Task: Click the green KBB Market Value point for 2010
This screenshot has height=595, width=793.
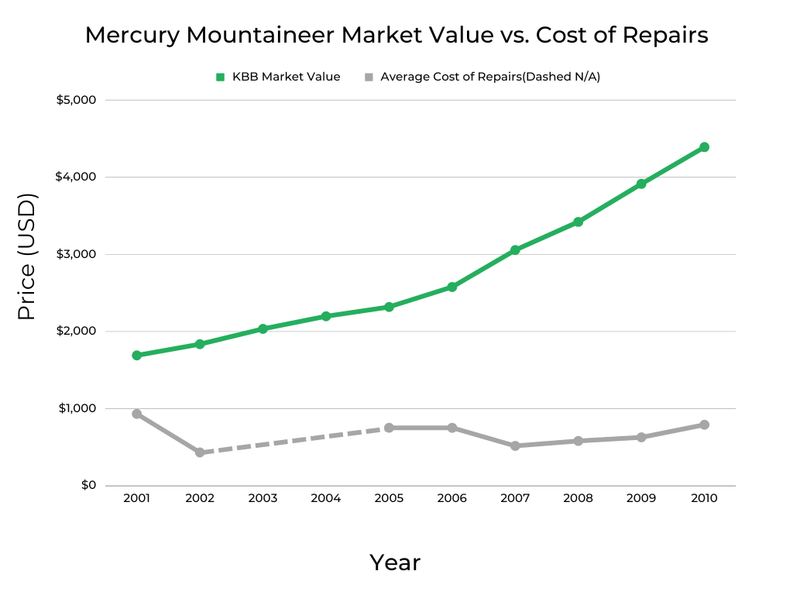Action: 704,147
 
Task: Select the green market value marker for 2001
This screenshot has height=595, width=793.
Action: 136,356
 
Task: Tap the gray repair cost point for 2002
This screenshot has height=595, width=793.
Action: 200,452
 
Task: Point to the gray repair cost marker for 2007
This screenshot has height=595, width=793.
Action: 515,446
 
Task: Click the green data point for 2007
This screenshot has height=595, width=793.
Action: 515,250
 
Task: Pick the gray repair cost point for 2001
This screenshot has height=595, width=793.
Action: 136,414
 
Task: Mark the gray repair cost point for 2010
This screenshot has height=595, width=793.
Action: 704,425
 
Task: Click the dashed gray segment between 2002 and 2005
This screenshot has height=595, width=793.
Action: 294,440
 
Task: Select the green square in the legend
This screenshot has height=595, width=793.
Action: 220,77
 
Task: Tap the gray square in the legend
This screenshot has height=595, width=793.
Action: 369,77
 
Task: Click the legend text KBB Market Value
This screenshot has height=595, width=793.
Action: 286,77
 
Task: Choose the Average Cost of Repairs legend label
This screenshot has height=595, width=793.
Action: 490,77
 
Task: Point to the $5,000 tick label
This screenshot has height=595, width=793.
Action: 75,100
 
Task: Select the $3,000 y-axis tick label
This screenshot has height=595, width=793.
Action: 75,254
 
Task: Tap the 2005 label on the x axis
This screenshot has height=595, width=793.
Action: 389,499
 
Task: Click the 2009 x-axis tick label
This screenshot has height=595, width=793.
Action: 641,499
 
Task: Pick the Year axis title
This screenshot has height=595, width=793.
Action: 395,562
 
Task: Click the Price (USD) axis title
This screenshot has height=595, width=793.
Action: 28,256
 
